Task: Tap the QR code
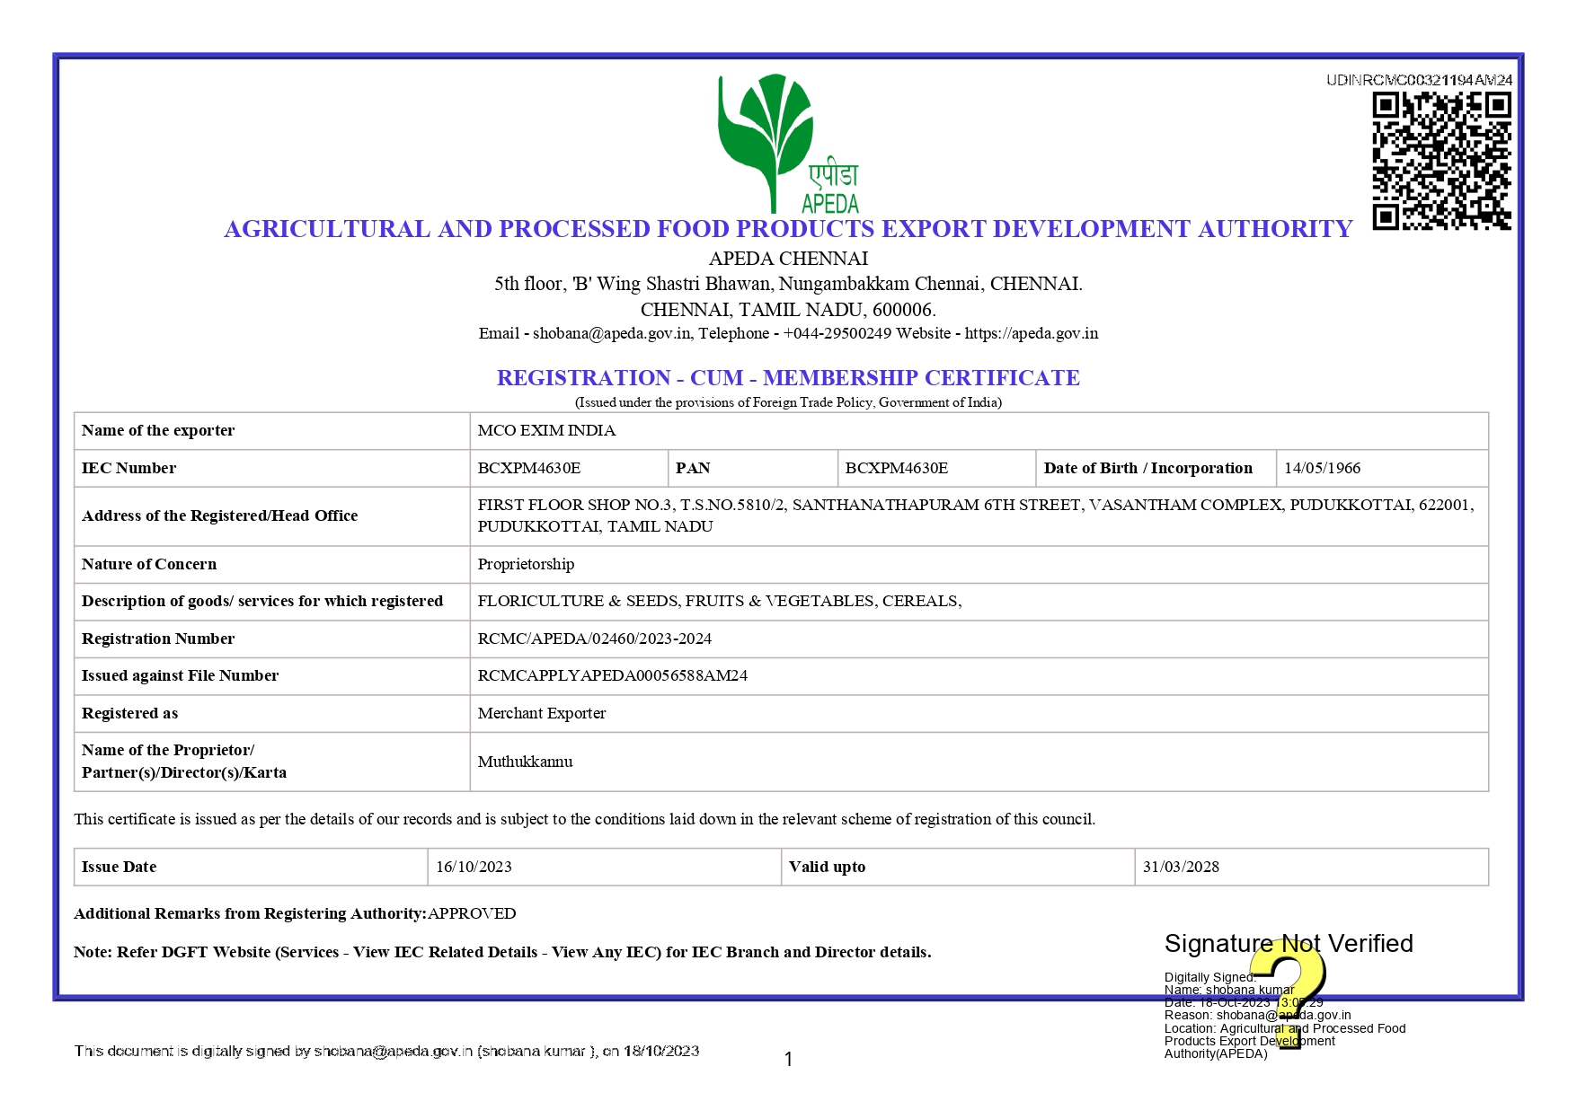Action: click(1440, 161)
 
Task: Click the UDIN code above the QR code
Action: click(1419, 80)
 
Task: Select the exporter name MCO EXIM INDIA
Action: click(546, 430)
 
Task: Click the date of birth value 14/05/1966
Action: click(1322, 468)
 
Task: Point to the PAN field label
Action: click(693, 468)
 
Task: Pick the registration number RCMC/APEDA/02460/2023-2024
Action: click(594, 639)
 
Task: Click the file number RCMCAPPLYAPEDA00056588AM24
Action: click(612, 675)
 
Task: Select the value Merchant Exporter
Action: click(542, 713)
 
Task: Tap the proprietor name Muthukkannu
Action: click(525, 762)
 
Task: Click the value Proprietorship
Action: click(526, 564)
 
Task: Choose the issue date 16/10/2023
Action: click(474, 867)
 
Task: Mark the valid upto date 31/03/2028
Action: click(1181, 867)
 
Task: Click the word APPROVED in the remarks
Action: click(472, 913)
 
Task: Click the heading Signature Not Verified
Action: click(1289, 943)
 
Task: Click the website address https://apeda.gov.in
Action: click(1032, 333)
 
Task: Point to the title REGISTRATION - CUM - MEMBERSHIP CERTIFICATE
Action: click(788, 378)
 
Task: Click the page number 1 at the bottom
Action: click(788, 1060)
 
